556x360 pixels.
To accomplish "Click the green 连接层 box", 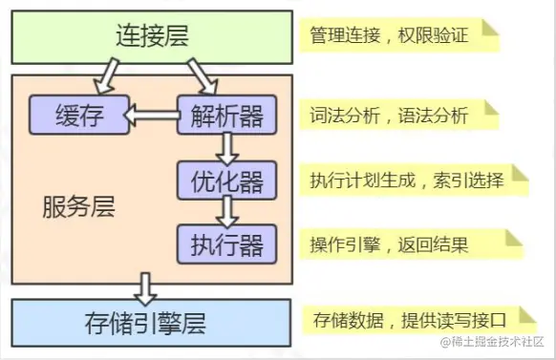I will (150, 37).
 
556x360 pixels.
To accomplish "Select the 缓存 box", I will (77, 116).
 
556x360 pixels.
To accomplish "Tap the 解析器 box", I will (226, 116).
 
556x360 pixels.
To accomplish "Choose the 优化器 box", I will (226, 179).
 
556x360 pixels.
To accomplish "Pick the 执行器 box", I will (226, 243).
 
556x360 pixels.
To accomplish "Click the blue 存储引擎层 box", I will (150, 321).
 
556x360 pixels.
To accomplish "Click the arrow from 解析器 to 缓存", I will (152, 116).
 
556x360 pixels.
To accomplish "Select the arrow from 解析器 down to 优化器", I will (226, 147).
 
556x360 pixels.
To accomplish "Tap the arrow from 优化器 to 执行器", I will (226, 210).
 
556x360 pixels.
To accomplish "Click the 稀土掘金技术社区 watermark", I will (491, 342).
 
